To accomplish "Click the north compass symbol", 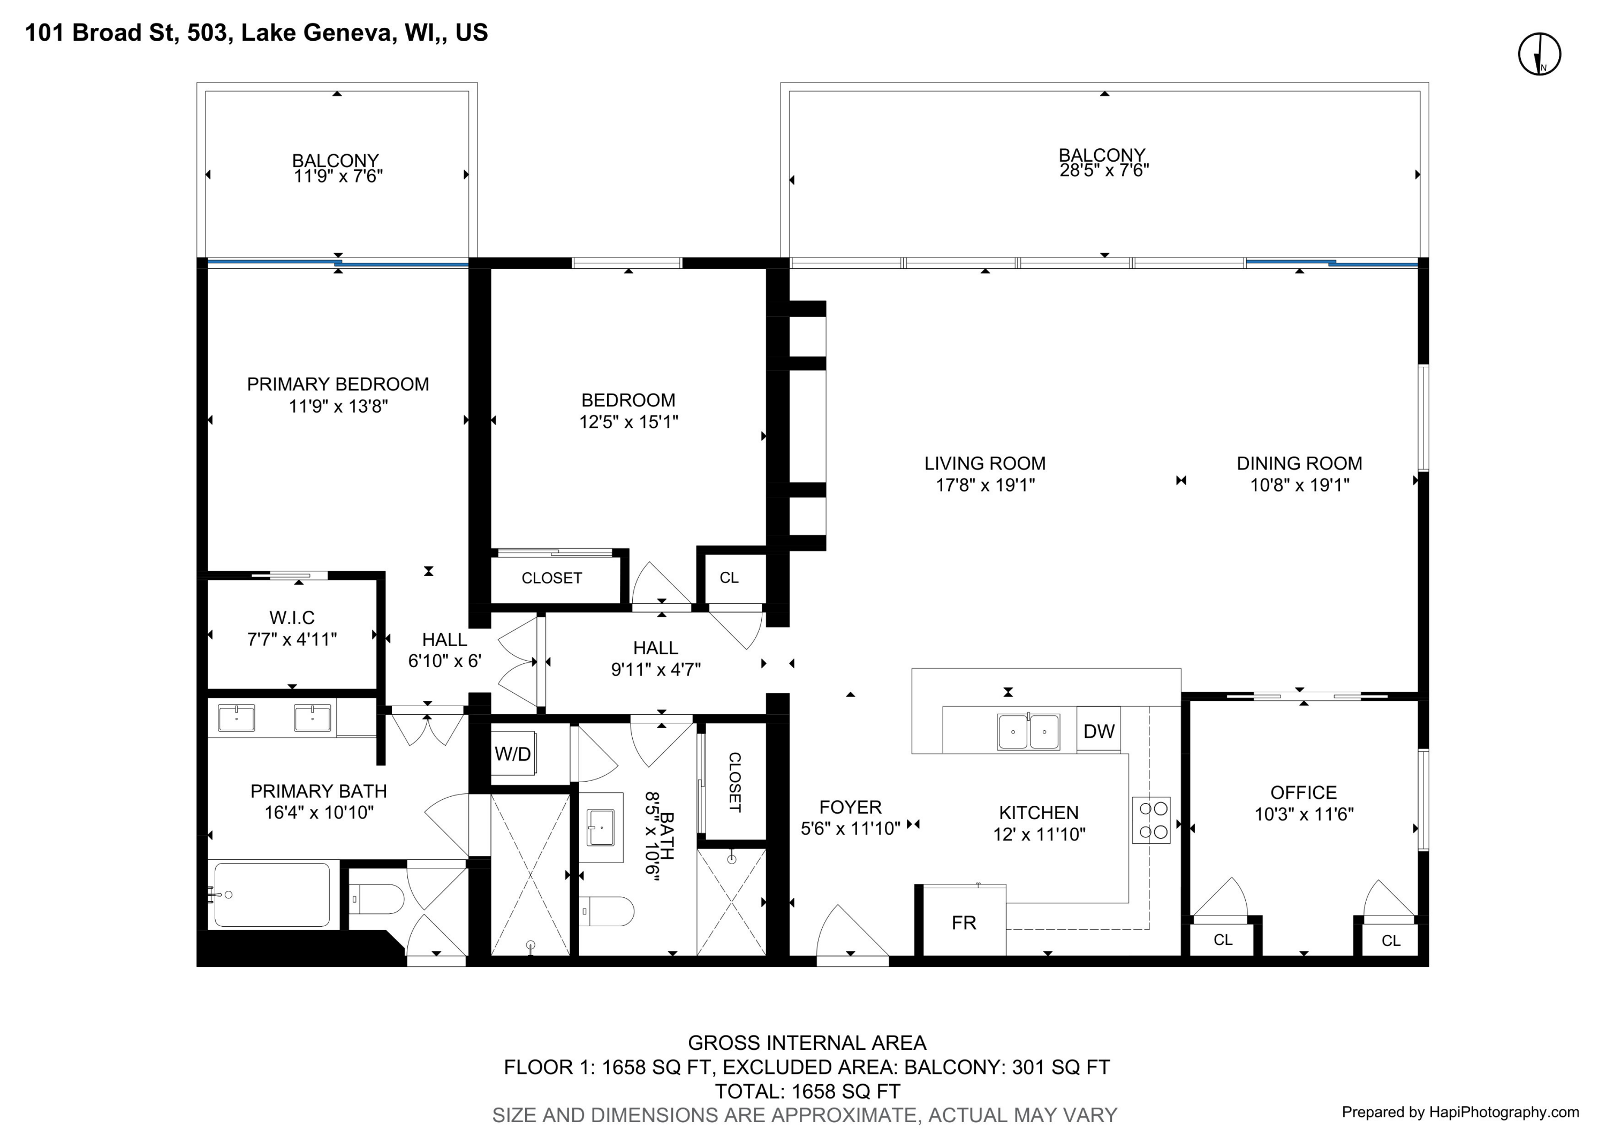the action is (x=1540, y=54).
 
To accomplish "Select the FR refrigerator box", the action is (x=964, y=922).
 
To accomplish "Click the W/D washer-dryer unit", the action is (x=514, y=753).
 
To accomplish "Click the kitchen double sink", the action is (x=1028, y=731).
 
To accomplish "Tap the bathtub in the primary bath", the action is (x=272, y=895).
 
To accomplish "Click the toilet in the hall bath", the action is (x=607, y=911).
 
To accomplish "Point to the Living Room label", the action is (x=985, y=463).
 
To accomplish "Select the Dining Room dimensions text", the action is (x=1300, y=485).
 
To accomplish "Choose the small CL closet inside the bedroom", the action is (x=730, y=578).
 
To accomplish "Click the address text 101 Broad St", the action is (x=100, y=33).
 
